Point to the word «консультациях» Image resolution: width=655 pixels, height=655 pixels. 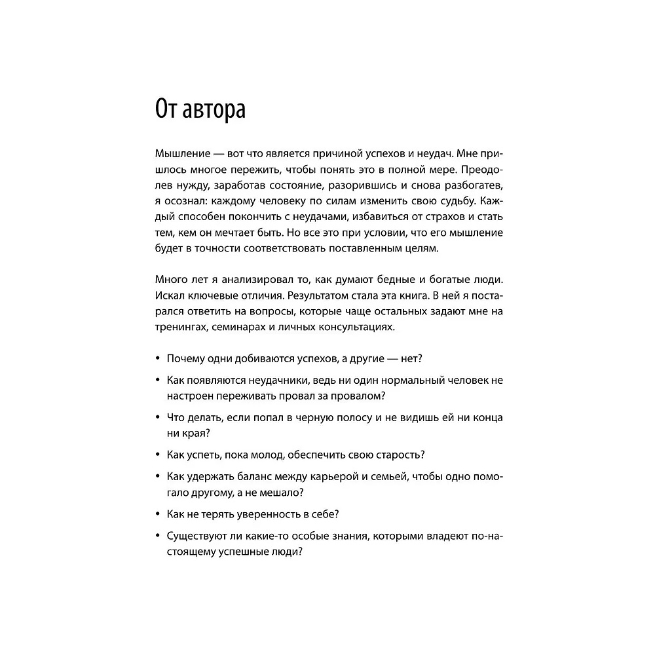350,327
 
